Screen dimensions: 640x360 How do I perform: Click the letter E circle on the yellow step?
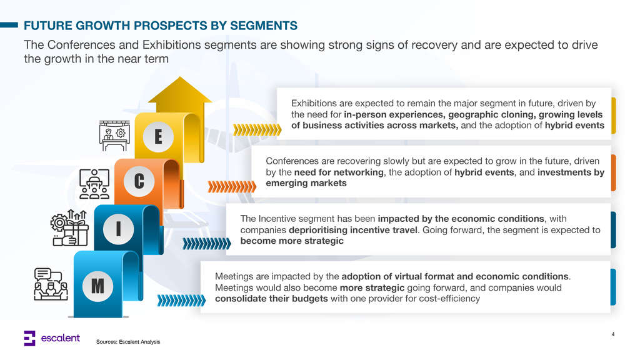(x=158, y=136)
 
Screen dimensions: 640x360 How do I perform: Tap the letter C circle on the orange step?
(x=139, y=181)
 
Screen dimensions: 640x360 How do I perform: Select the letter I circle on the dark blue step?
(x=118, y=229)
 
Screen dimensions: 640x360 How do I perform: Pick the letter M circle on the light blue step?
(x=97, y=286)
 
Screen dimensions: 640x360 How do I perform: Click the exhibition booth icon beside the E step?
(x=114, y=136)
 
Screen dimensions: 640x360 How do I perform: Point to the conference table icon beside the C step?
(x=94, y=184)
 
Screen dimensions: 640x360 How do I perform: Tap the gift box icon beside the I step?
(x=69, y=227)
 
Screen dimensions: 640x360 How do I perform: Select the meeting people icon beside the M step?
(x=51, y=284)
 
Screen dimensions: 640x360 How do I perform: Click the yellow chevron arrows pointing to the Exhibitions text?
(x=257, y=130)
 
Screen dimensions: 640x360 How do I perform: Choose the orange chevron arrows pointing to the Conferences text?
(x=232, y=186)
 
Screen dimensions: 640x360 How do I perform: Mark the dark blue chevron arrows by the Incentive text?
(x=206, y=244)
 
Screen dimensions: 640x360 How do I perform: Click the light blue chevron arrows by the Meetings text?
(x=181, y=301)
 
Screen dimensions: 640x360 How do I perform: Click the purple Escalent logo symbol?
(x=29, y=338)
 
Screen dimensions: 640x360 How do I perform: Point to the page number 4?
(x=612, y=334)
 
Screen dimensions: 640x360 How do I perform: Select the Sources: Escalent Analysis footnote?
(x=128, y=342)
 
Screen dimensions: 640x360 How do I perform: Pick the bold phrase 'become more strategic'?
(x=292, y=241)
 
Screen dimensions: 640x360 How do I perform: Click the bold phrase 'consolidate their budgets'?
(x=271, y=298)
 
